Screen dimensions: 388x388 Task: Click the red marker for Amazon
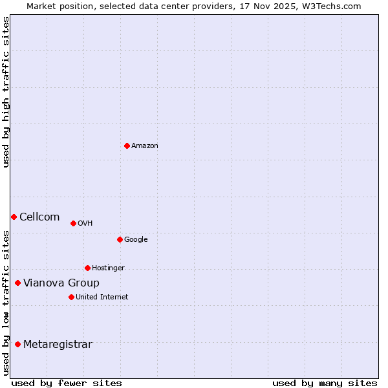click(x=127, y=145)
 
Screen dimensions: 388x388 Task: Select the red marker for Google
click(x=120, y=239)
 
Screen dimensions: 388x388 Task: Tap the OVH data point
click(x=73, y=223)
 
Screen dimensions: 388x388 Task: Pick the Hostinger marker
click(x=87, y=268)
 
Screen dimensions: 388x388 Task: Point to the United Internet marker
click(x=71, y=297)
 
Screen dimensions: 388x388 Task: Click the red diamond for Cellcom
click(x=14, y=217)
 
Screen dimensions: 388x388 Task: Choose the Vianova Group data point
click(x=17, y=283)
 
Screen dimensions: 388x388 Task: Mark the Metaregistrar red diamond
click(x=17, y=344)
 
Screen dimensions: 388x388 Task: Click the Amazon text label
click(x=145, y=146)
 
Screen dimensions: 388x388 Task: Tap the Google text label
click(x=136, y=240)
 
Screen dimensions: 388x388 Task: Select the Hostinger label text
click(x=108, y=268)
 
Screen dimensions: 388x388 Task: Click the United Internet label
click(x=102, y=297)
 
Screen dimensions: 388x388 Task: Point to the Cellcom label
click(x=39, y=217)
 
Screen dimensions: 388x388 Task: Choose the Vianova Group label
click(x=61, y=283)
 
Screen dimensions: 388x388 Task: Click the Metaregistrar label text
click(x=58, y=345)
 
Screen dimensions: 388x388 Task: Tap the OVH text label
click(x=85, y=224)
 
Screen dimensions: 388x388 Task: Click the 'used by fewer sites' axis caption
click(x=67, y=383)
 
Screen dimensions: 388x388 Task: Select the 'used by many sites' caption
click(x=325, y=383)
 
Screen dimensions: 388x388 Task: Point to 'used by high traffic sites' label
click(x=6, y=92)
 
